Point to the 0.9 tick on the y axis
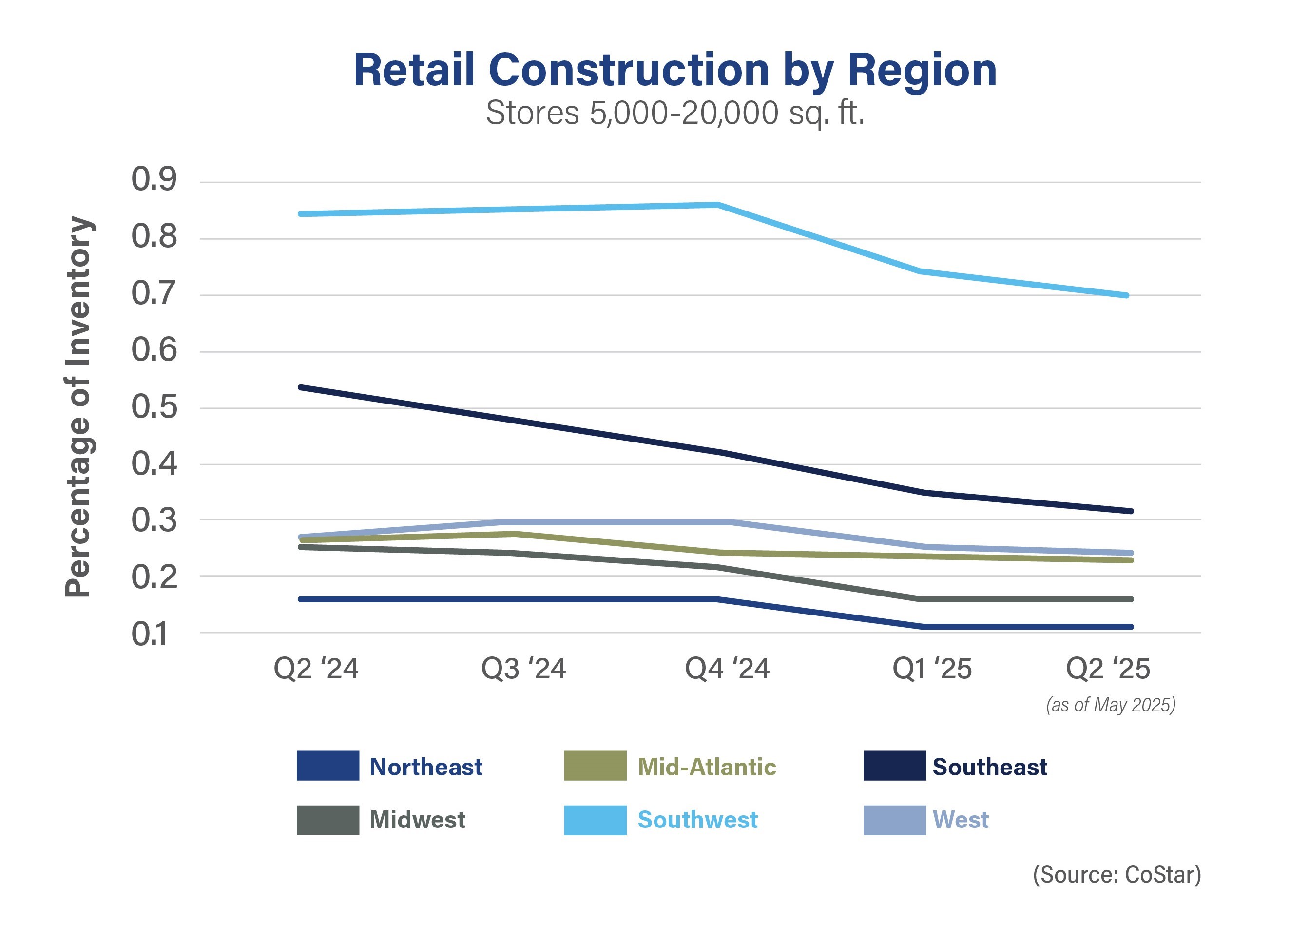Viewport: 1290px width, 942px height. [154, 180]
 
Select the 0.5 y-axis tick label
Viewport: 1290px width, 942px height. [154, 407]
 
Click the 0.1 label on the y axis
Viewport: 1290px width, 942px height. [151, 634]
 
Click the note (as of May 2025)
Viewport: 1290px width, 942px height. [1110, 705]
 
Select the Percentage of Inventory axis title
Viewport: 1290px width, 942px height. [78, 407]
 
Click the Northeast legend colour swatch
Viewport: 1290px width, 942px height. [327, 766]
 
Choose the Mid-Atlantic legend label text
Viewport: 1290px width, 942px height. [707, 767]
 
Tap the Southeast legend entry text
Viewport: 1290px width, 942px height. [989, 767]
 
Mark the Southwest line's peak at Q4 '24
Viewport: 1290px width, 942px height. [717, 205]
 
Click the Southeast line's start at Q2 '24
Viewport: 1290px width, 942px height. [301, 388]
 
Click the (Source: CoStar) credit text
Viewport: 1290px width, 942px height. [1117, 875]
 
